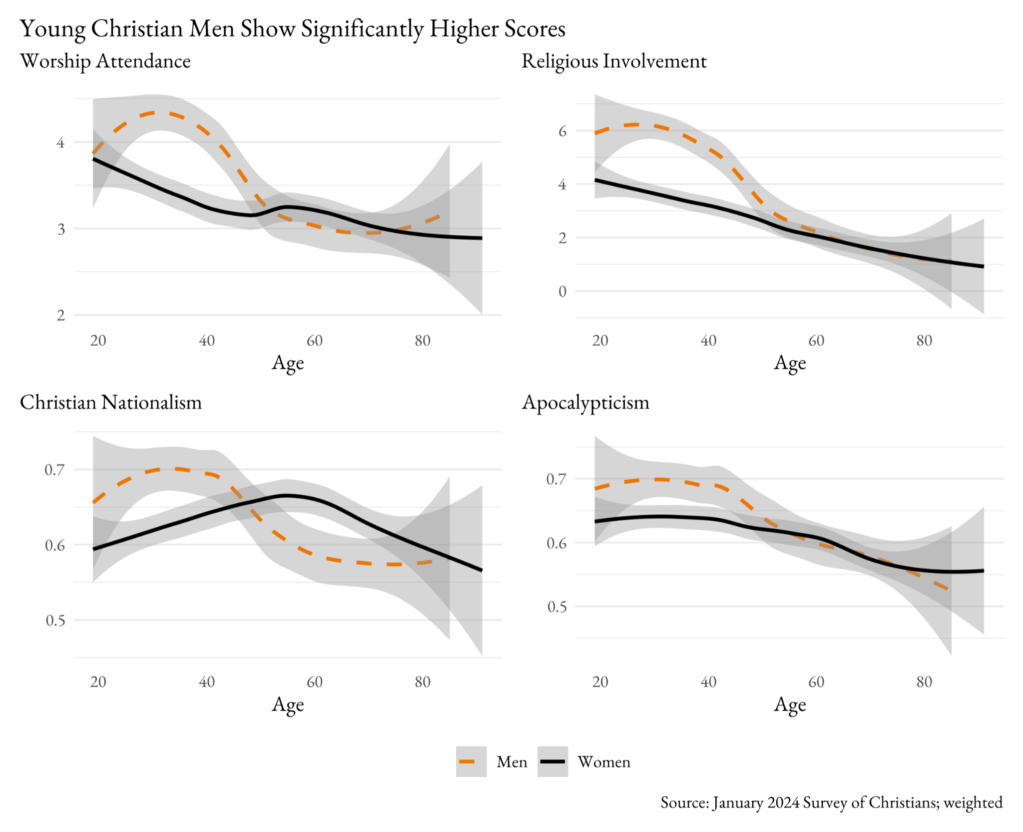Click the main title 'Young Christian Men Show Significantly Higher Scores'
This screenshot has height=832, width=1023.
point(292,29)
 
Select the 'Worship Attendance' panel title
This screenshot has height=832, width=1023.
point(105,61)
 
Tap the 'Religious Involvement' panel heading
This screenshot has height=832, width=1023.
point(614,61)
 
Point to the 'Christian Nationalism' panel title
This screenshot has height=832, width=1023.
point(111,402)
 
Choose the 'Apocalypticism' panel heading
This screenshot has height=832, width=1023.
point(585,402)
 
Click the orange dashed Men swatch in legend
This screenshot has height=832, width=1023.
point(471,761)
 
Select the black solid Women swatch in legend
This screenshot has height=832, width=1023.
point(552,761)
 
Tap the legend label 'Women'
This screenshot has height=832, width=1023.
point(604,762)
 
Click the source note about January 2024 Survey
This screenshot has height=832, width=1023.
point(831,802)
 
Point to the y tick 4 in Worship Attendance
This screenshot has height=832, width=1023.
point(61,143)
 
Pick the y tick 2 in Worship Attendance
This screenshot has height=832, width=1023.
point(61,315)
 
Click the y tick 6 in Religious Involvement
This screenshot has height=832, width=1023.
point(562,131)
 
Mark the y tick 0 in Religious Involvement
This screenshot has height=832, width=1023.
point(562,291)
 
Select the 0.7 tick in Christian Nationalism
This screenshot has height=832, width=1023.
point(55,470)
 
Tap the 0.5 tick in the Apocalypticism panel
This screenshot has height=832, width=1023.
point(557,607)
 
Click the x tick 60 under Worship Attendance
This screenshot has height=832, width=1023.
point(315,341)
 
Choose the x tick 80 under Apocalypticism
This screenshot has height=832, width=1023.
point(924,682)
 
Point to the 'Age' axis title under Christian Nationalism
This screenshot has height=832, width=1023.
point(288,705)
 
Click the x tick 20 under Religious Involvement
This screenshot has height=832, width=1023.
point(600,341)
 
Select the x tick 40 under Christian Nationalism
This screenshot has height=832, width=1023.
point(207,682)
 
